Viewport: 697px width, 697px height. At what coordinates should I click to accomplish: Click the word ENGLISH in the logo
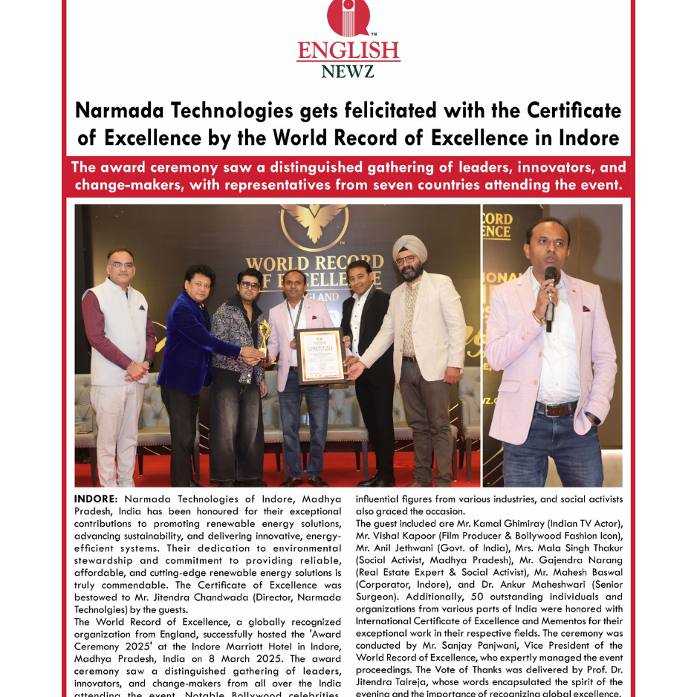pyautogui.click(x=348, y=51)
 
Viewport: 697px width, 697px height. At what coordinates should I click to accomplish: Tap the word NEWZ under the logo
pyautogui.click(x=348, y=71)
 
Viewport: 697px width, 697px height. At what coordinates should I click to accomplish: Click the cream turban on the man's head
pyautogui.click(x=410, y=247)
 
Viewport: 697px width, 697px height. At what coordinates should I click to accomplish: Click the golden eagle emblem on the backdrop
pyautogui.click(x=314, y=223)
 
